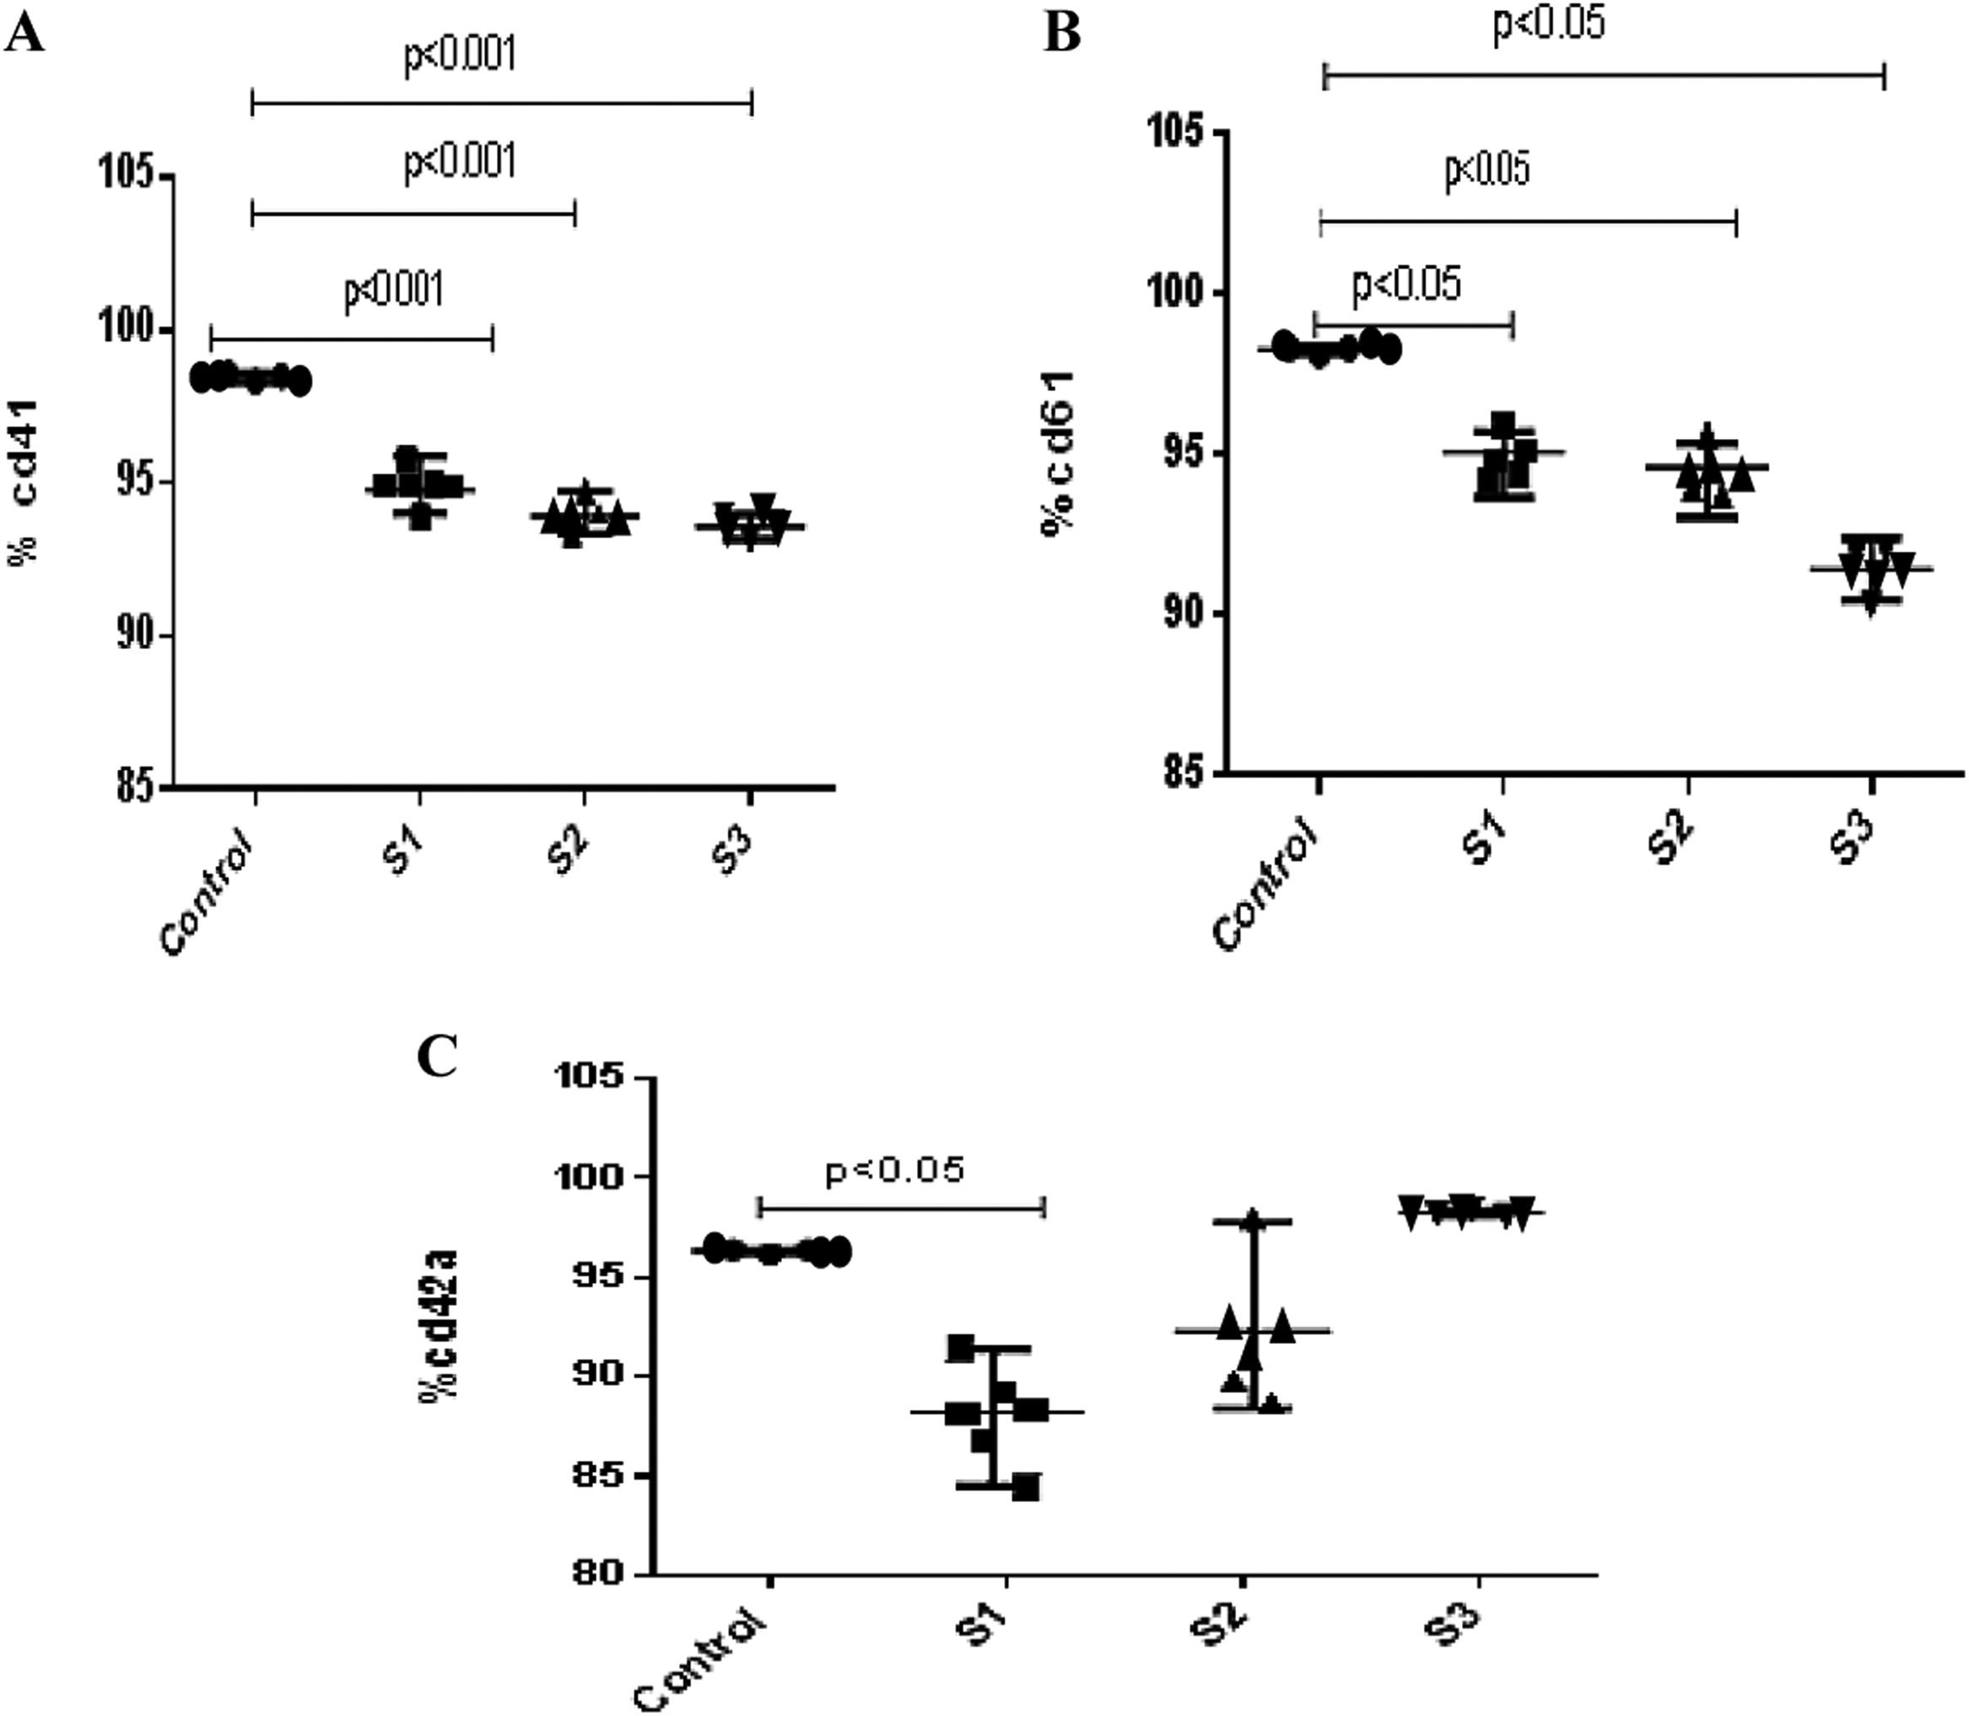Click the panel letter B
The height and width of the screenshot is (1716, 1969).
click(1061, 34)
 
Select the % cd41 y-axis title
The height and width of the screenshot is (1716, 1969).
click(25, 482)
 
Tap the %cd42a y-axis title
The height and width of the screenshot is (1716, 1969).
click(438, 1324)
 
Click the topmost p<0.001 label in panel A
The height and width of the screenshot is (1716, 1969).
click(461, 57)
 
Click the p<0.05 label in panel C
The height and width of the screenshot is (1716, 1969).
click(894, 1170)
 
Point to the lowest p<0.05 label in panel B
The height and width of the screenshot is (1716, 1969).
click(1406, 284)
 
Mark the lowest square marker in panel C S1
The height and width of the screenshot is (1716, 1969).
click(1025, 1488)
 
